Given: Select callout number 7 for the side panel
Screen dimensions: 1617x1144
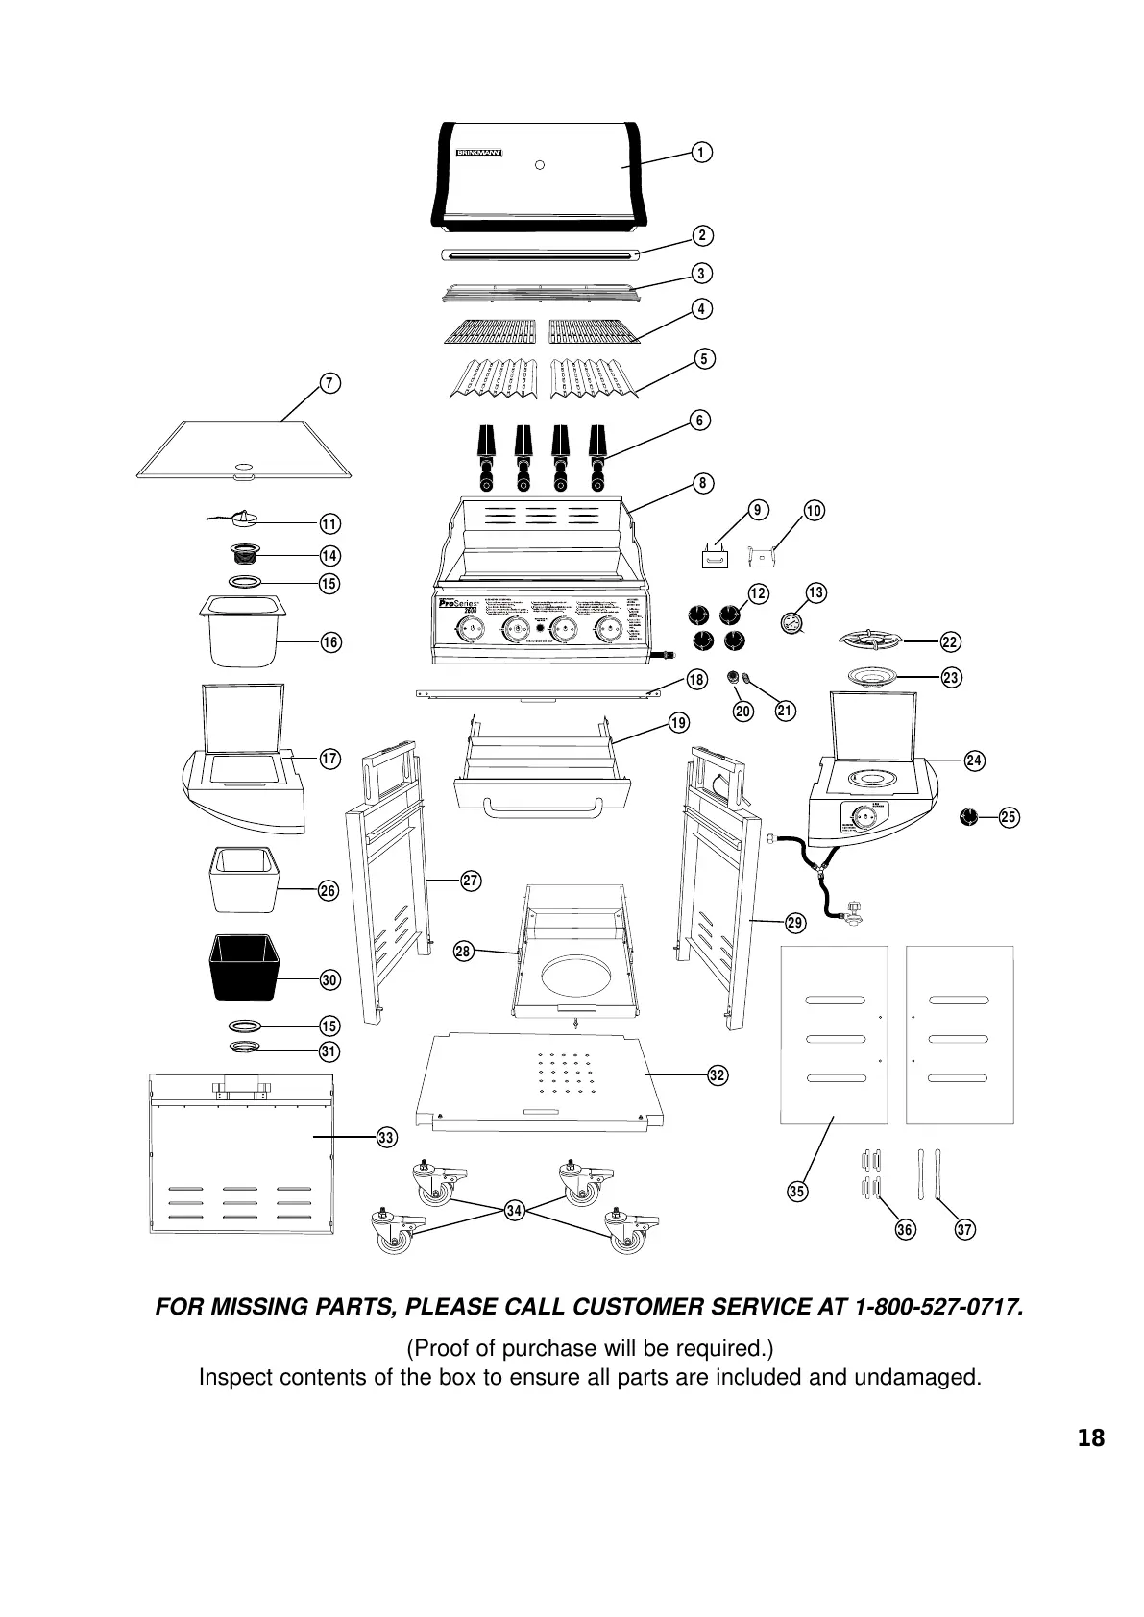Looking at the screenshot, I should pos(329,383).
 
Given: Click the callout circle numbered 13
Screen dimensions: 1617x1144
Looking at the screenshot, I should pos(815,592).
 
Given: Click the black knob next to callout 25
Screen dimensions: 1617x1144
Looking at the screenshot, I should pos(970,817).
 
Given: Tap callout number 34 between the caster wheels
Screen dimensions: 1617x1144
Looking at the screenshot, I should pos(514,1211).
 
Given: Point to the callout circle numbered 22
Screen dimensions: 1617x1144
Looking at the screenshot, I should pos(951,641).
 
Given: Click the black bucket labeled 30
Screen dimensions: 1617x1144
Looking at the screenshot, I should pos(244,967).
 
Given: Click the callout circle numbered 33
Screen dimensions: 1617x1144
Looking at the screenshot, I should pos(386,1138).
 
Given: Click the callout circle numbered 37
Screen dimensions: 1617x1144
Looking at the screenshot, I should pos(965,1229).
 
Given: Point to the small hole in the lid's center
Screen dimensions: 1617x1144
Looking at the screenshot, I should pos(540,164).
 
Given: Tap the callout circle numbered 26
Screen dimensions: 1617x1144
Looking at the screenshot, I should pos(329,891).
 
